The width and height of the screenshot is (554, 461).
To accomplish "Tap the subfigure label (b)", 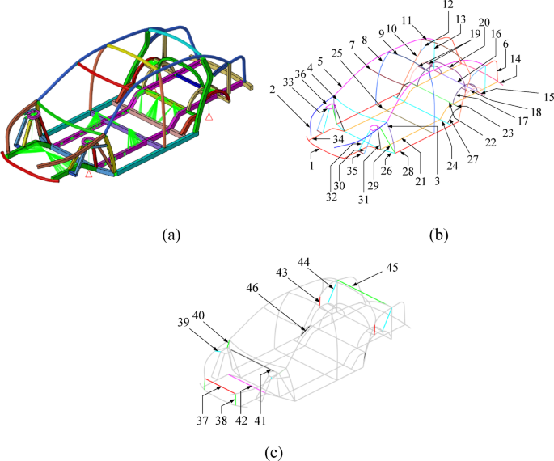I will (438, 235).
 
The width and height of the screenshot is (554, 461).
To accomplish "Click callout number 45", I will (391, 267).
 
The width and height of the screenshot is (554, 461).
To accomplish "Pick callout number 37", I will (203, 421).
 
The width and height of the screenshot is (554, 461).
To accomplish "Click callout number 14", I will (516, 58).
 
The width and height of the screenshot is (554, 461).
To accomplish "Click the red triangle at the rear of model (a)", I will (209, 117).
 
